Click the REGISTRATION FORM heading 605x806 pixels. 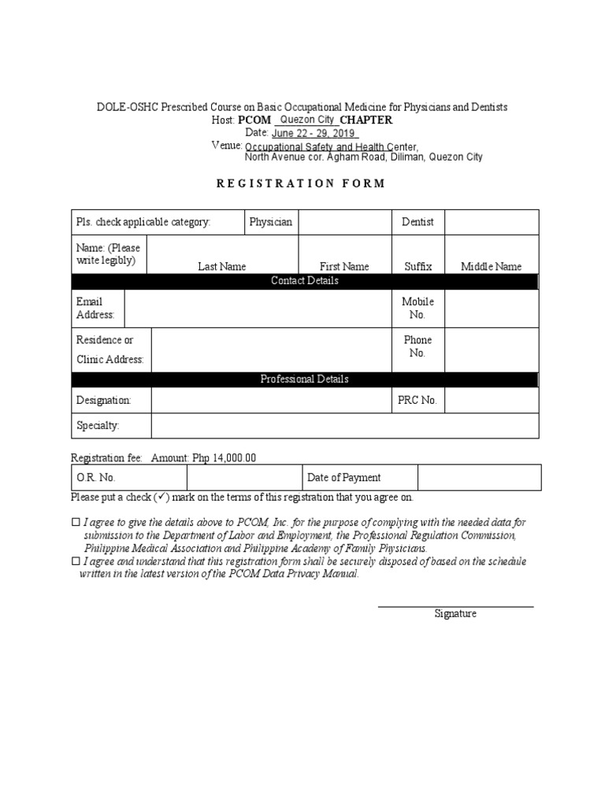[302, 183]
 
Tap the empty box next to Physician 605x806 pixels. [345, 222]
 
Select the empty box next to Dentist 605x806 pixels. [492, 222]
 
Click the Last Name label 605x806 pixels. [222, 267]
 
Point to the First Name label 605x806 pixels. [344, 267]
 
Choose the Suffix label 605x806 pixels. [418, 267]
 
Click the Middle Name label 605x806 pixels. [491, 267]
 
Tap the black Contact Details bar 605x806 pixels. [305, 281]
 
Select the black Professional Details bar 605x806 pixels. [305, 379]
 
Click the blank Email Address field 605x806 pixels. [258, 308]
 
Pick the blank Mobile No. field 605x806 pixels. [492, 308]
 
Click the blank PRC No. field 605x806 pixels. [492, 400]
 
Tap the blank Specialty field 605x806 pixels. [345, 426]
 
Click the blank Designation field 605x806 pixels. [271, 400]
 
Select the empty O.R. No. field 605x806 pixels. [243, 477]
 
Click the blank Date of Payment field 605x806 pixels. [479, 477]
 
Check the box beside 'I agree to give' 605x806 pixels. [76, 522]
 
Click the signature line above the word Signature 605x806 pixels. [455, 606]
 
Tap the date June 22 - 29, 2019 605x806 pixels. [312, 133]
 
